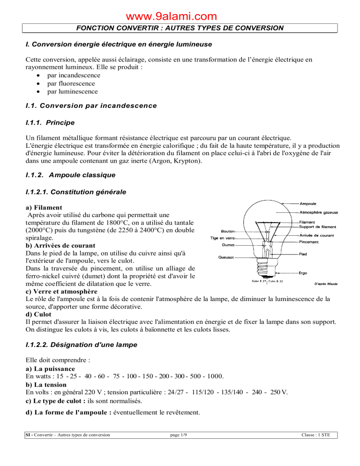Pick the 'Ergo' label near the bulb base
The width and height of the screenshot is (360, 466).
pyautogui.click(x=304, y=272)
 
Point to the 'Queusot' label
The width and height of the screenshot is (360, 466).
pyautogui.click(x=225, y=257)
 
